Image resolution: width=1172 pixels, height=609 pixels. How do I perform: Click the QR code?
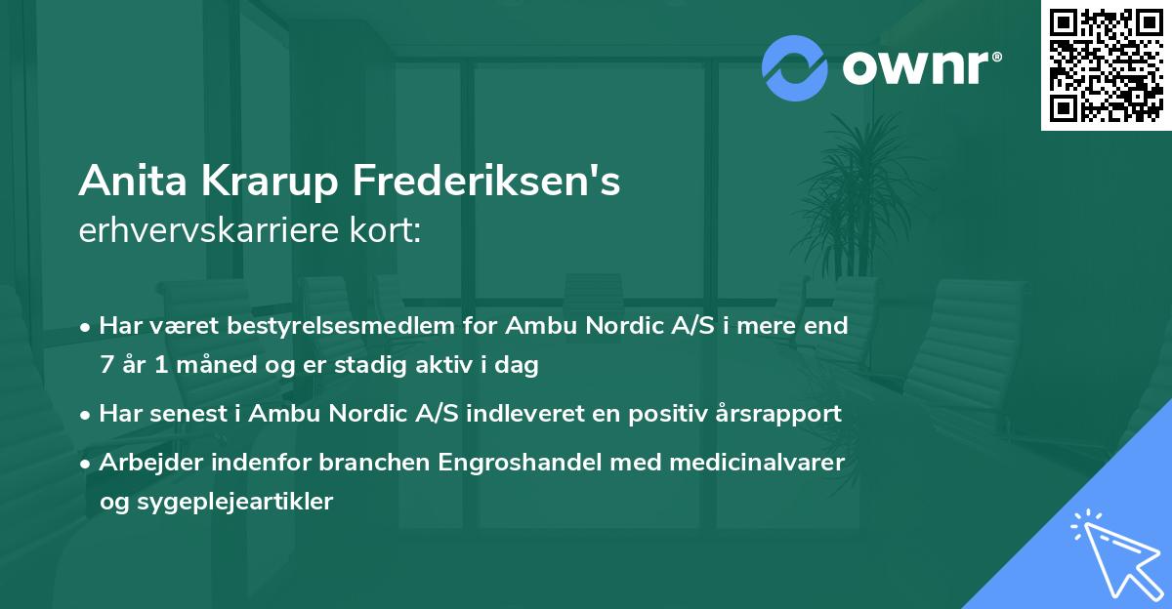(1106, 64)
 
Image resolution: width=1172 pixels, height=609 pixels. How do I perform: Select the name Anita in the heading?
(123, 182)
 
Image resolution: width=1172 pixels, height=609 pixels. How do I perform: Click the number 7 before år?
(105, 366)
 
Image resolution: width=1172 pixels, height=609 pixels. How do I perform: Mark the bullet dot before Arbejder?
(87, 462)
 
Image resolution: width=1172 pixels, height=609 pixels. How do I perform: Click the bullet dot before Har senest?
(87, 414)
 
